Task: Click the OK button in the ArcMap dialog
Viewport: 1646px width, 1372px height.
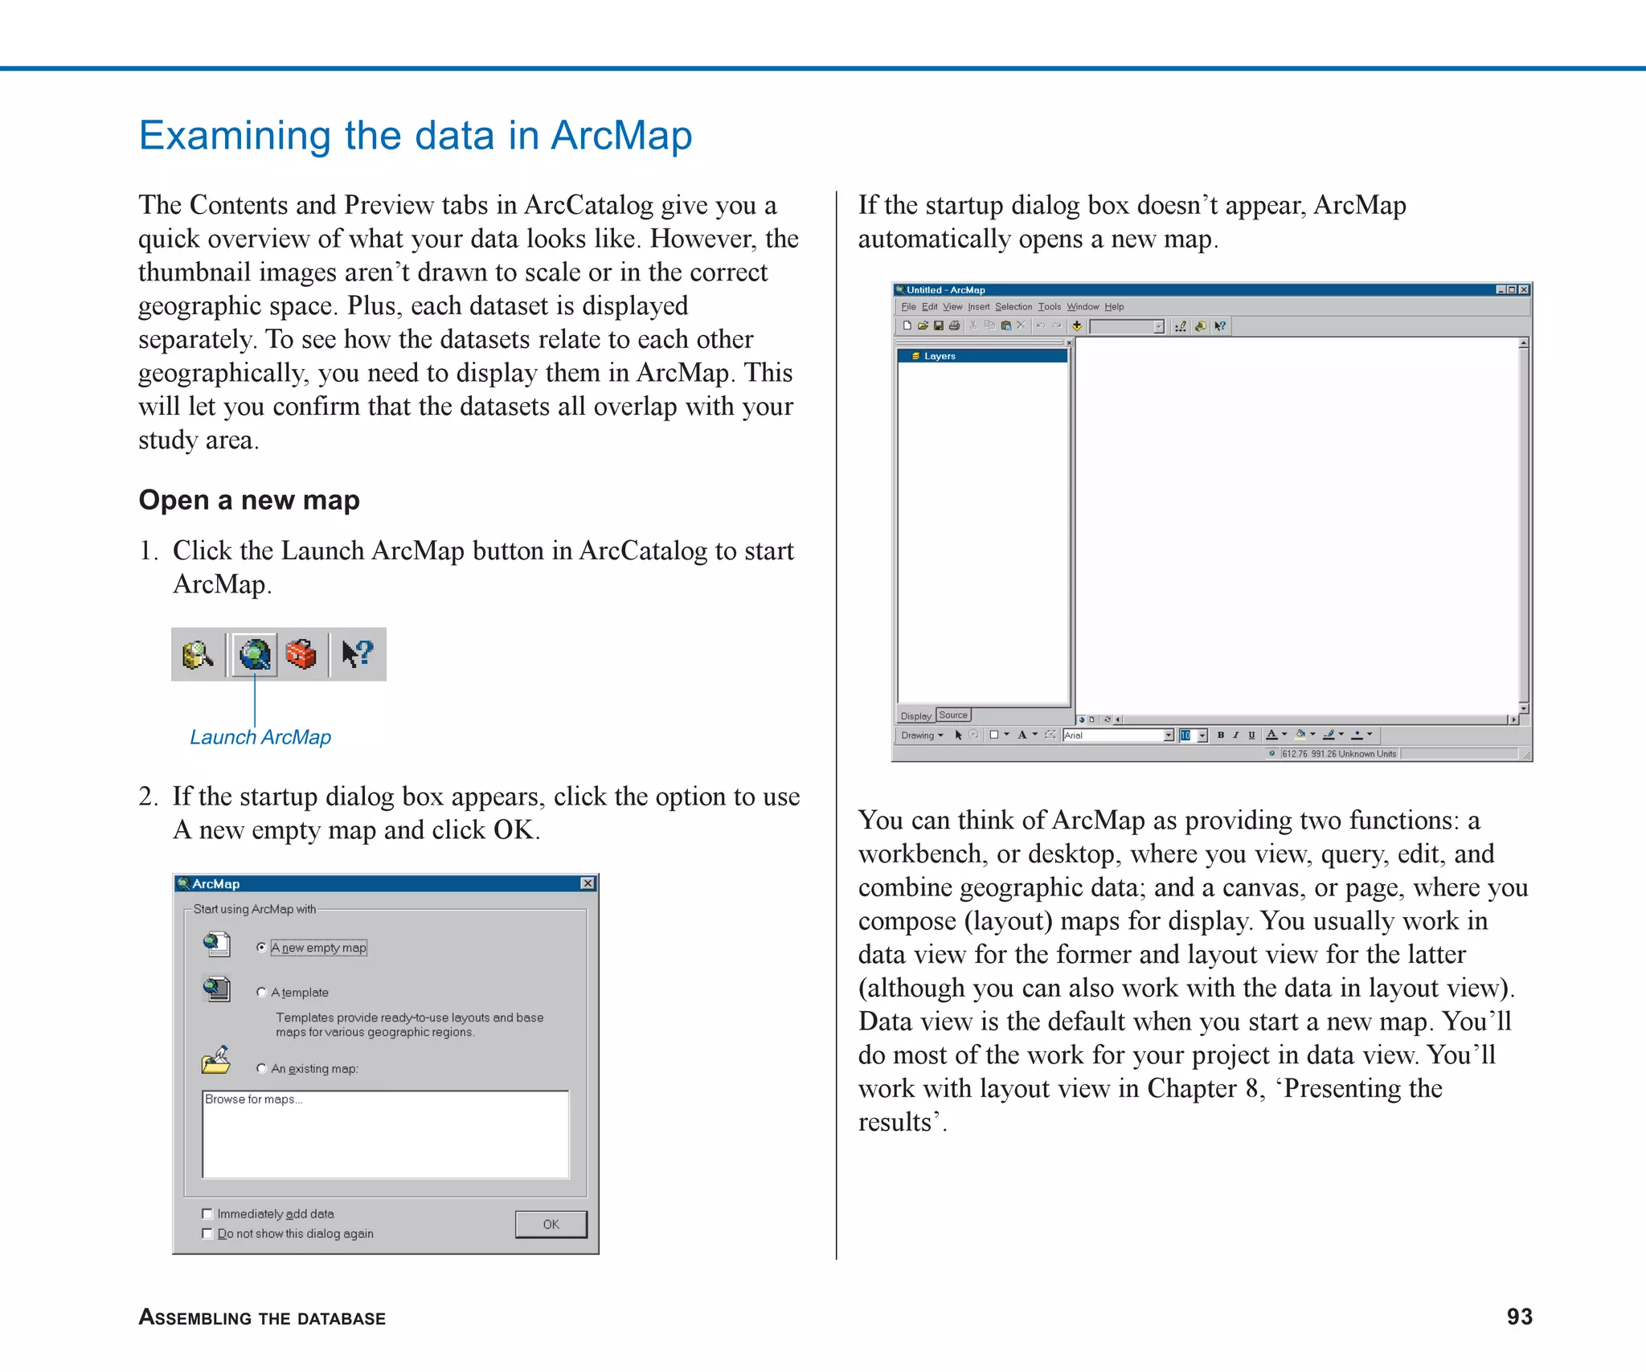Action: [x=551, y=1224]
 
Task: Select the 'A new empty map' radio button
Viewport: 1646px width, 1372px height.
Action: [x=261, y=948]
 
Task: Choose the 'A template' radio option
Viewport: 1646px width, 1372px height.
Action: [x=261, y=993]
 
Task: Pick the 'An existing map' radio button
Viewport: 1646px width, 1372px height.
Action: [x=261, y=1068]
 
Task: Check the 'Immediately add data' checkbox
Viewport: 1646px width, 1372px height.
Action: [x=207, y=1214]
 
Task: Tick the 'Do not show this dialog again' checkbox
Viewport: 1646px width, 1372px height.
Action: [x=207, y=1233]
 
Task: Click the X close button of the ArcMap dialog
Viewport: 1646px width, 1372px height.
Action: [x=588, y=883]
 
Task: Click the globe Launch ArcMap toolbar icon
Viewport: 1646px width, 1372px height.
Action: [x=255, y=654]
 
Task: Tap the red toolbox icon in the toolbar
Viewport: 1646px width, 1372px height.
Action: [x=301, y=654]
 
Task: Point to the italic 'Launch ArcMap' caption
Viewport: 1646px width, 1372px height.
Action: [x=260, y=737]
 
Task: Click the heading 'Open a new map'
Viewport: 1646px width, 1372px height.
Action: [x=249, y=500]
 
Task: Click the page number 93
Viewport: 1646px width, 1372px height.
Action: [x=1519, y=1317]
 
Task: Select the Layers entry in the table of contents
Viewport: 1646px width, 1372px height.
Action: [x=939, y=356]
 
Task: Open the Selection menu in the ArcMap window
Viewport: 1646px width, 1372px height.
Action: [x=1013, y=307]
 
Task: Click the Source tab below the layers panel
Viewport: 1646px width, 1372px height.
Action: [x=953, y=715]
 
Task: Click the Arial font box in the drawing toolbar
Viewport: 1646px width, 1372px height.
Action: [x=1112, y=735]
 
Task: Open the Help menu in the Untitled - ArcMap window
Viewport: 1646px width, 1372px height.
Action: [x=1114, y=307]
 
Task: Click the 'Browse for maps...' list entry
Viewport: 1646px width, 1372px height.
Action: [x=253, y=1100]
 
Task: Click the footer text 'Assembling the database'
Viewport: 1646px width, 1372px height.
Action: [x=262, y=1317]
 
